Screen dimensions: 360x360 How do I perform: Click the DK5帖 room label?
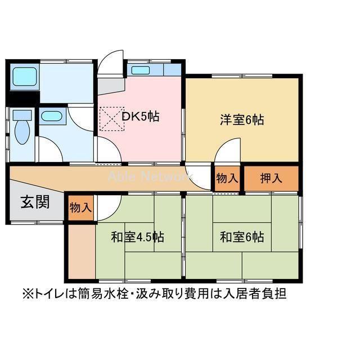pos(141,117)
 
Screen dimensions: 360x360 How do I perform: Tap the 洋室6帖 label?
pos(242,119)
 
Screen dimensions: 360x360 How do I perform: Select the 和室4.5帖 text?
pos(137,237)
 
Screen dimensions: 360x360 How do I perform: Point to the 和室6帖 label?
pos(242,237)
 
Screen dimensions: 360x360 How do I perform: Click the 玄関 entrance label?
pos(35,202)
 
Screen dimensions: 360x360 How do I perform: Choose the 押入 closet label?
pos(271,179)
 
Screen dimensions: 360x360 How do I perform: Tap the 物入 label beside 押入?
pos(227,179)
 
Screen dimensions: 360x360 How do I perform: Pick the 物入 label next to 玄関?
pos(80,207)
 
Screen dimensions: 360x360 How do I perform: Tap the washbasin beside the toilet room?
pos(52,117)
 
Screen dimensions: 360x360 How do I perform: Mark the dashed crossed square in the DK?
pos(111,118)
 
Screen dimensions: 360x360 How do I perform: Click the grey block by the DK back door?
pos(110,85)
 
